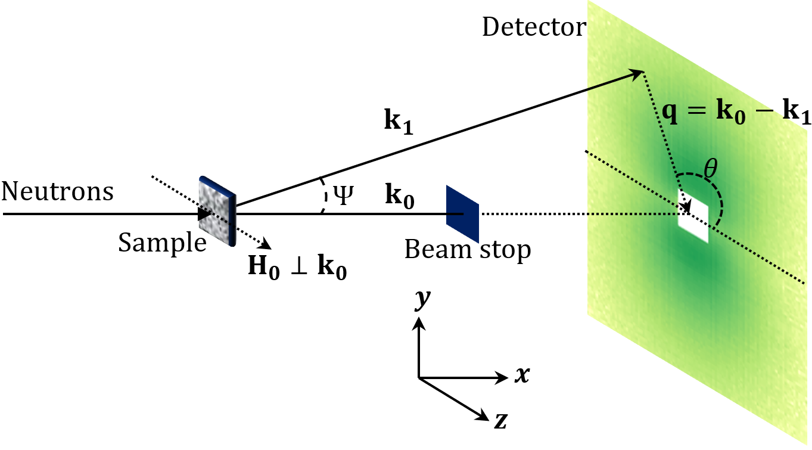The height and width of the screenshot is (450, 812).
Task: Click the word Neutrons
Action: point(57,193)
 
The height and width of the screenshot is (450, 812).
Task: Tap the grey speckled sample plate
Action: point(216,212)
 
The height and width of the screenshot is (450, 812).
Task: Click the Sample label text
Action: point(162,243)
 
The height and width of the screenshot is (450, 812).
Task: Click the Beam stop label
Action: point(467,250)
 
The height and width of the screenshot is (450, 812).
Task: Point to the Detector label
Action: point(534,27)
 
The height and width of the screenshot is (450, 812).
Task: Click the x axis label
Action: point(521,375)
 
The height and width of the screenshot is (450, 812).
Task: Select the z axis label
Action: point(500,421)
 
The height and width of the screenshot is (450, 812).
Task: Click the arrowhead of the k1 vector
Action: point(639,73)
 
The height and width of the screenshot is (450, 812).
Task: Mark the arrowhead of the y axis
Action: point(419,322)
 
